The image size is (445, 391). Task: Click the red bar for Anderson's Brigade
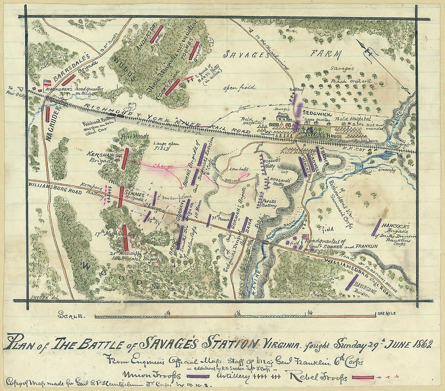(x=157, y=34)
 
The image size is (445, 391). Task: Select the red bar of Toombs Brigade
(x=194, y=51)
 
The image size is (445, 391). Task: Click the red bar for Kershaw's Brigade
(x=125, y=158)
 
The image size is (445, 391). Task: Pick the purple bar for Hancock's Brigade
(x=376, y=227)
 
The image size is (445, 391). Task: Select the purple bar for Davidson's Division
(x=352, y=283)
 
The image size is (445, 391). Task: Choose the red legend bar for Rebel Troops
(x=363, y=377)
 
